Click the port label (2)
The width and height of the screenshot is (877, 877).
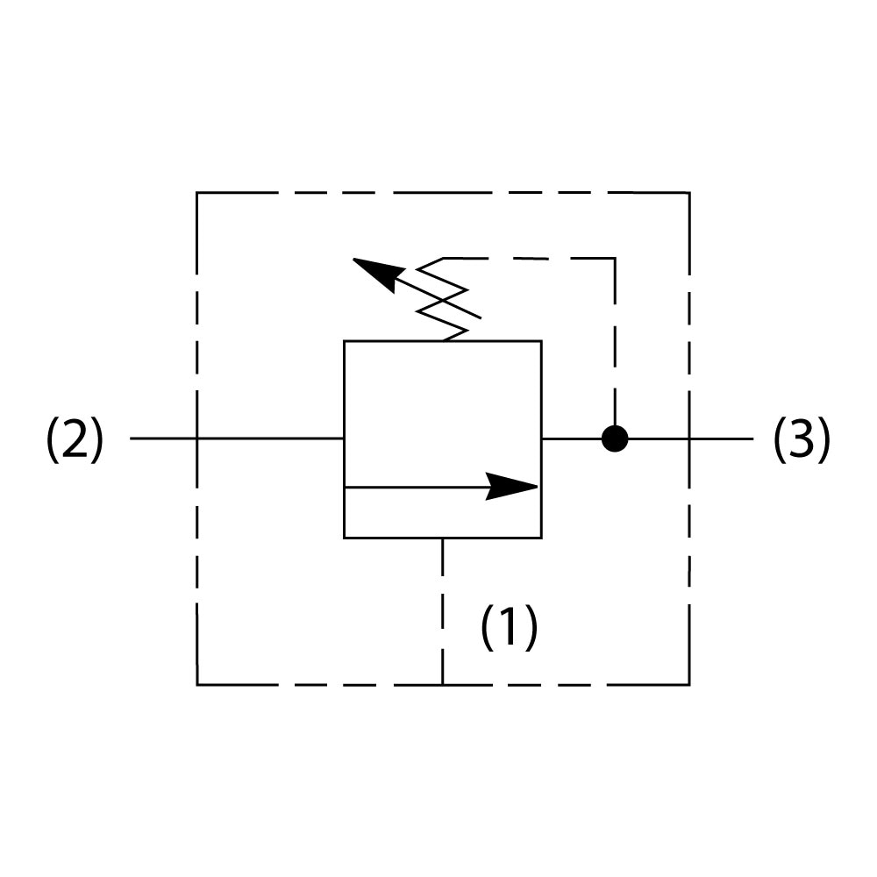pos(75,439)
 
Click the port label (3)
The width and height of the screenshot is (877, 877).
pos(802,439)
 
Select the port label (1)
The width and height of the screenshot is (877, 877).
pos(509,627)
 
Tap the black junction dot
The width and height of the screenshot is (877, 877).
pos(615,438)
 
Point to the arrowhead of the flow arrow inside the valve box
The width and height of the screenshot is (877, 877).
pos(513,487)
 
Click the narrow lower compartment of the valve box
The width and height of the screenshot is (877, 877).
pos(442,512)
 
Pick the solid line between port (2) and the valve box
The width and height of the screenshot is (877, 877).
pos(263,438)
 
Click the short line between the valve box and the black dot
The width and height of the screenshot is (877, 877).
pos(570,438)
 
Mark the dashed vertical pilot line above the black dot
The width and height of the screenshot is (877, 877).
pos(615,342)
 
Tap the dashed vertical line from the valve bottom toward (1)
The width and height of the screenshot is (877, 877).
pos(443,605)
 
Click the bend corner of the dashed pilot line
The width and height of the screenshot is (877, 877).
pos(615,258)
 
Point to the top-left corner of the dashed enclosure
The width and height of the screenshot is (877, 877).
pos(196,193)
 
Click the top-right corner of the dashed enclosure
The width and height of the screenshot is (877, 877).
pos(688,193)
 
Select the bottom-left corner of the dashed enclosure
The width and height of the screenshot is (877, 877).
pos(196,684)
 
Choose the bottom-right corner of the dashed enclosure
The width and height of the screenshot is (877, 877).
pos(688,684)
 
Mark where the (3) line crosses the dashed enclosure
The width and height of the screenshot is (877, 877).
pos(688,438)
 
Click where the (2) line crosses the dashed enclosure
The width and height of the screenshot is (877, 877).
pos(196,438)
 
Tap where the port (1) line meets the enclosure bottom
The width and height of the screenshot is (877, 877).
pos(443,684)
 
